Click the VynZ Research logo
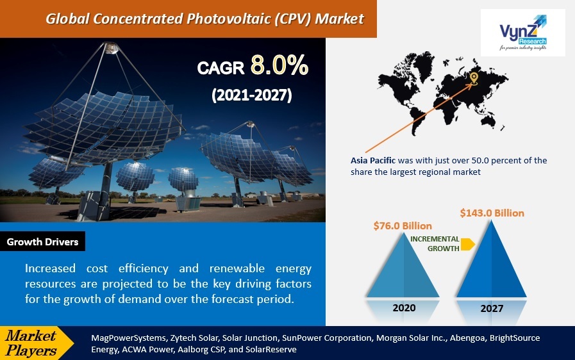pyautogui.click(x=522, y=33)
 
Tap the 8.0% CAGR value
pyautogui.click(x=279, y=65)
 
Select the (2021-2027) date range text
pyautogui.click(x=251, y=95)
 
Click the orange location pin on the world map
pyautogui.click(x=474, y=78)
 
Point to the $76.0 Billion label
pyautogui.click(x=403, y=226)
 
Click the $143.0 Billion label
pyautogui.click(x=492, y=213)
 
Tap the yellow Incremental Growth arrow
pyautogui.click(x=467, y=244)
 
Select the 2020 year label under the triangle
pyautogui.click(x=404, y=307)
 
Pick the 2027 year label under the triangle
pyautogui.click(x=492, y=308)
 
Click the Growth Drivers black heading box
pyautogui.click(x=42, y=241)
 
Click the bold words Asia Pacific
pyautogui.click(x=373, y=161)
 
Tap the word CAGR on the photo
pyautogui.click(x=221, y=68)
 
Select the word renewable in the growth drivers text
pyautogui.click(x=237, y=268)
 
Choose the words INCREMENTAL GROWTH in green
pyautogui.click(x=435, y=244)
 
